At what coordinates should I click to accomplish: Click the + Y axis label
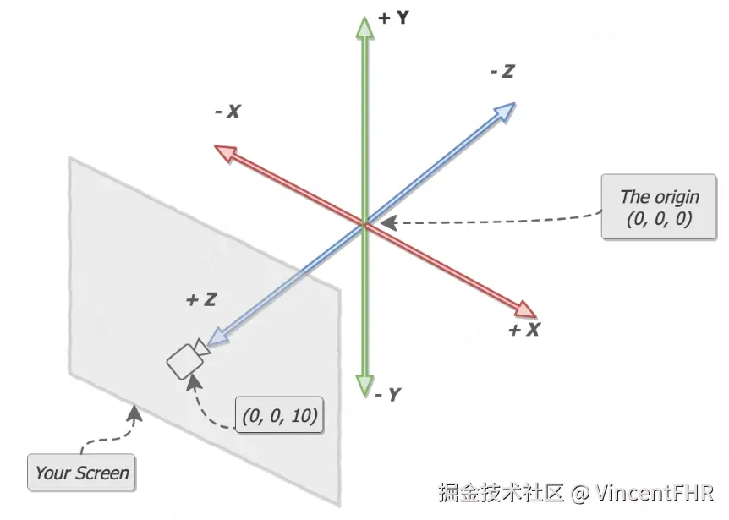point(393,18)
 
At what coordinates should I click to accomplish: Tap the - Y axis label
point(387,395)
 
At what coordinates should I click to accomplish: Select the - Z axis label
point(502,71)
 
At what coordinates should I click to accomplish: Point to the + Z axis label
point(201,299)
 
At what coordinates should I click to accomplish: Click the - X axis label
point(227,112)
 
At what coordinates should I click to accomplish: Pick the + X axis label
point(524,330)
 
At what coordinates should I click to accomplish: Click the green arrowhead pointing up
point(365,28)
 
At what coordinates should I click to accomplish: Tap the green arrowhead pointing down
point(365,386)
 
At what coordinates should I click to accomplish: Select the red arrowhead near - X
point(226,152)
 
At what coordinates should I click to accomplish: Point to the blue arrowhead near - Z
point(504,112)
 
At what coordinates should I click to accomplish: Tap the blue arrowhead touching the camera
point(218,337)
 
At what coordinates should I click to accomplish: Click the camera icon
point(188,359)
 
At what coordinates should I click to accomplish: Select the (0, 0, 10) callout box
point(279,415)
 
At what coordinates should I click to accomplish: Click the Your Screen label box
point(81,473)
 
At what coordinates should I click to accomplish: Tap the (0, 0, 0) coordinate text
point(660,218)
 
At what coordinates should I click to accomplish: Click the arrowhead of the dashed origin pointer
point(388,222)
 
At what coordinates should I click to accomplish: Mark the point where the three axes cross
point(365,224)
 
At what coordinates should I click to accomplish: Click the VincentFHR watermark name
point(655,493)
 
